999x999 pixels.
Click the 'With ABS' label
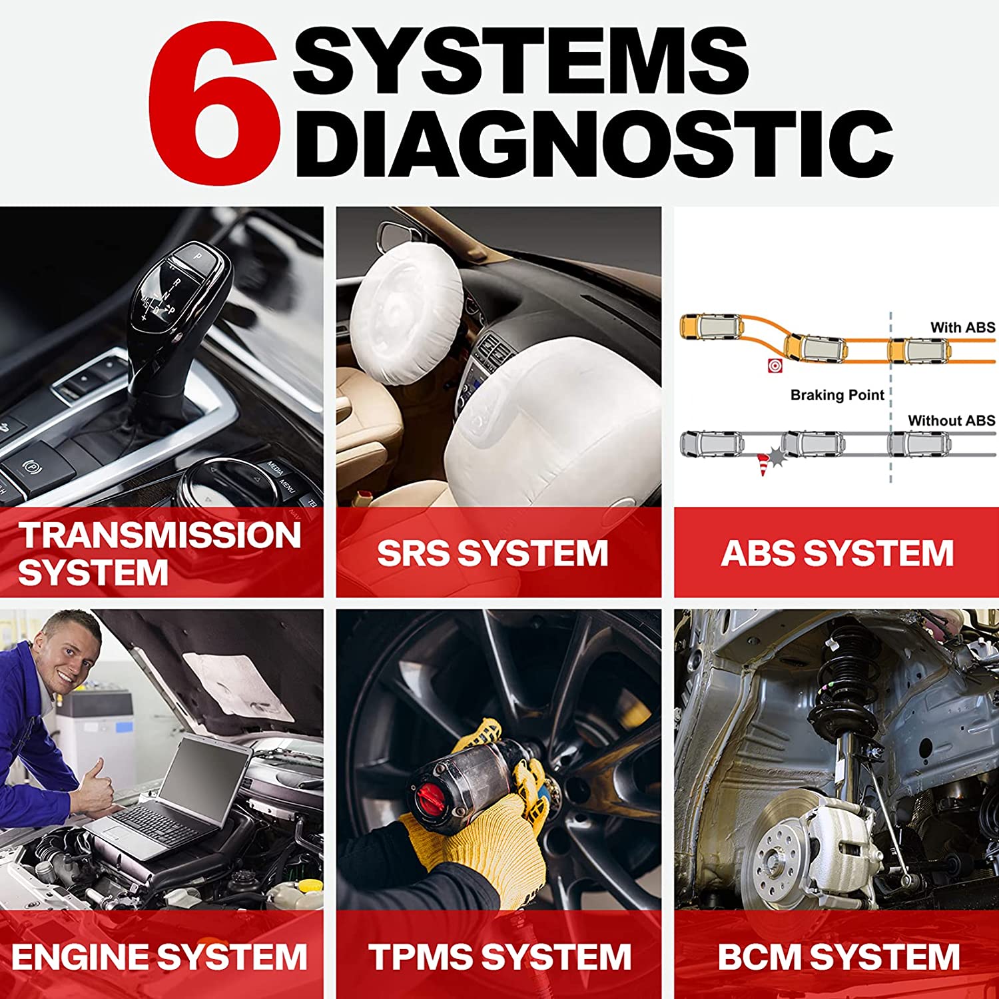(962, 327)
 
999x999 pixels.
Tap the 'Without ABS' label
(952, 420)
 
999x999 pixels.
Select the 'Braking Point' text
(837, 395)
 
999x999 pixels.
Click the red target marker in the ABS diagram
(775, 366)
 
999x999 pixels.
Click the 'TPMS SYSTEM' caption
(499, 957)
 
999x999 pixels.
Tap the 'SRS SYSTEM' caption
(493, 553)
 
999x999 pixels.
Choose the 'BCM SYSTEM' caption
(838, 957)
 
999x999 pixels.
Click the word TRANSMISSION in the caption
(160, 535)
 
